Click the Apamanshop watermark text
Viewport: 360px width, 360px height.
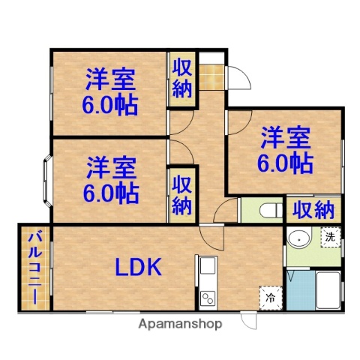click(181, 325)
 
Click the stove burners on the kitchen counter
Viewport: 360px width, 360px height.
click(206, 295)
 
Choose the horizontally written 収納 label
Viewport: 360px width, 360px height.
click(313, 210)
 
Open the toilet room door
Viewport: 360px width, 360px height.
click(225, 211)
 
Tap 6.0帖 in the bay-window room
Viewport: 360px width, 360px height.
click(110, 193)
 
